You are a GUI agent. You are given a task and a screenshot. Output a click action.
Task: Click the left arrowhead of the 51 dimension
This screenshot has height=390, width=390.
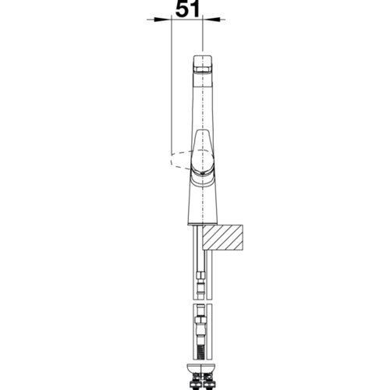(164, 19)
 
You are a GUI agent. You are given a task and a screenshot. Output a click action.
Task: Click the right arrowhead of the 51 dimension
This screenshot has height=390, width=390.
(211, 19)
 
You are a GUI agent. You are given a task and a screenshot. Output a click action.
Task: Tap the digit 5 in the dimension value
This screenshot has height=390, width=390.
(182, 9)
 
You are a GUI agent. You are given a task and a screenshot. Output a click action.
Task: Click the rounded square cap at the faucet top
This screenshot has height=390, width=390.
(202, 64)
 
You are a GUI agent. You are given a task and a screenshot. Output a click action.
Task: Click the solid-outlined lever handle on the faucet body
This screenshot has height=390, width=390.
(203, 154)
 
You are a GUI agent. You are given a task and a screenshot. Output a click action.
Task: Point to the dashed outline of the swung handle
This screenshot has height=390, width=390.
(181, 159)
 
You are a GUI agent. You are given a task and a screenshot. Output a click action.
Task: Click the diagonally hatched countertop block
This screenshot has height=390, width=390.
(223, 238)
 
